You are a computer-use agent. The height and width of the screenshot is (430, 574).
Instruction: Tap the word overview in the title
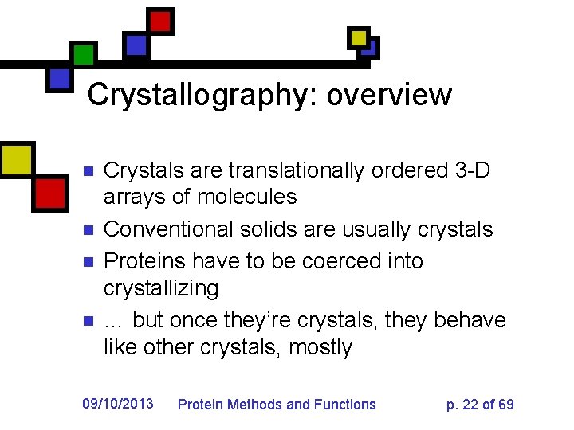coord(389,95)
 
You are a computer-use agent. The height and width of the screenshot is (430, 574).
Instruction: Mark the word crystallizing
coord(161,287)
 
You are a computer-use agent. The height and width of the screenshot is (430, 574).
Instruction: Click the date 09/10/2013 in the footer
coord(118,404)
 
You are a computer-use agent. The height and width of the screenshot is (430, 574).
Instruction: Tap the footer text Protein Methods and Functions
coord(276,405)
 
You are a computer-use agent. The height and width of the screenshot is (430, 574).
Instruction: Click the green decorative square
coord(83,54)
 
